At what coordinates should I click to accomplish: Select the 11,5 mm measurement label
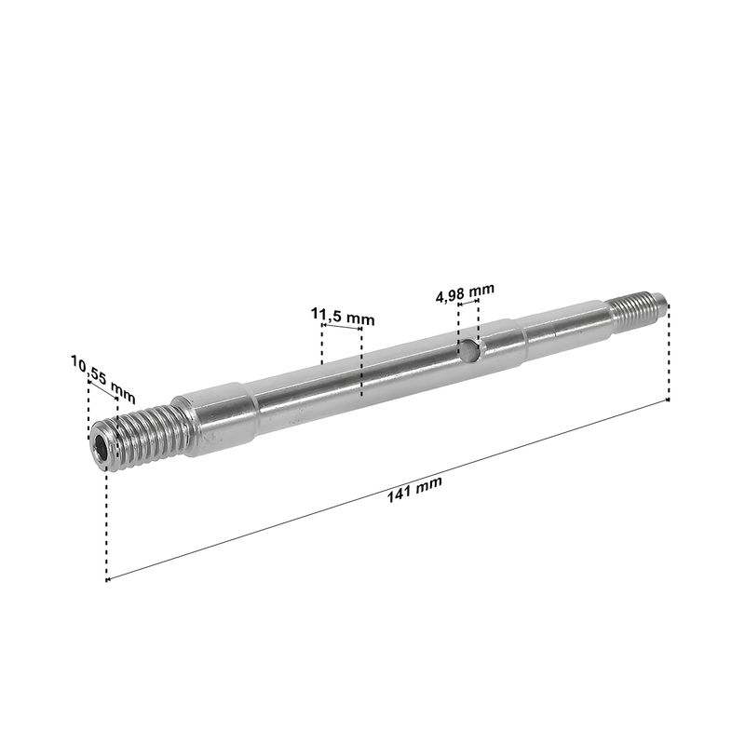pyautogui.click(x=343, y=317)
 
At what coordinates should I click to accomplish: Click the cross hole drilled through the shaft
pyautogui.click(x=468, y=351)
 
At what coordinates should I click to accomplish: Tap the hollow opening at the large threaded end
pyautogui.click(x=101, y=447)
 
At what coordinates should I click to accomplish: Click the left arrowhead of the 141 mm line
pyautogui.click(x=108, y=579)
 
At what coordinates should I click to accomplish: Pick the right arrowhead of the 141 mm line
pyautogui.click(x=667, y=400)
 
